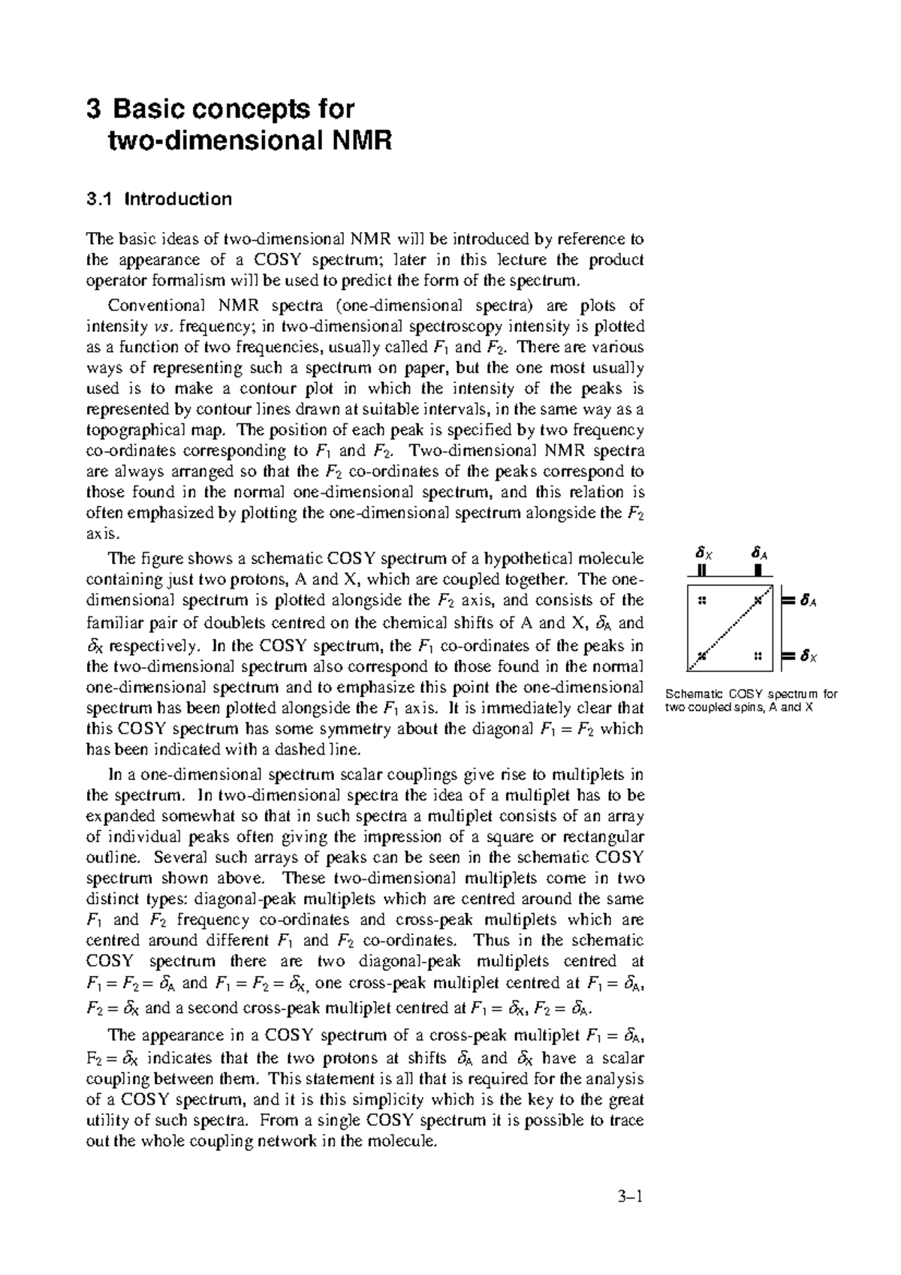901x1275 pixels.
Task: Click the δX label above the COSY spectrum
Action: click(703, 554)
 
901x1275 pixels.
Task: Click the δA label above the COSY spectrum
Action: click(759, 554)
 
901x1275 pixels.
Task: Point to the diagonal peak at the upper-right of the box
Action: click(758, 601)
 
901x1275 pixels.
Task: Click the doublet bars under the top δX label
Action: click(702, 570)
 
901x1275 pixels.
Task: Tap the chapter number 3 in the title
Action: click(93, 110)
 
